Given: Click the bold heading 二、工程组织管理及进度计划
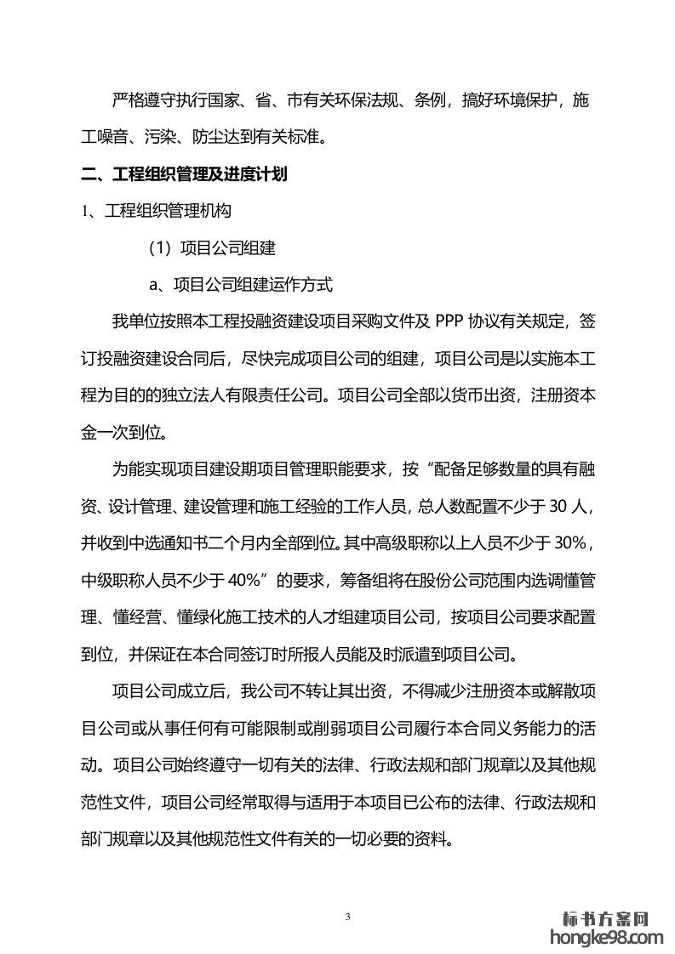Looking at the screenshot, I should tap(184, 175).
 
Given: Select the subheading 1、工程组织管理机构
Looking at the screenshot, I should tap(156, 210).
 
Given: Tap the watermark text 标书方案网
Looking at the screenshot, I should tap(607, 919).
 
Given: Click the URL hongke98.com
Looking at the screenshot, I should tap(607, 938).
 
